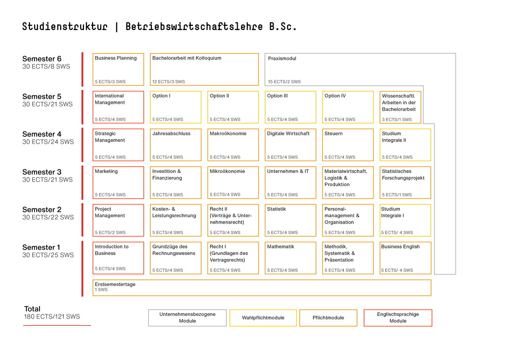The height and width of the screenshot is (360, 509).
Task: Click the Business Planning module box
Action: (x=118, y=69)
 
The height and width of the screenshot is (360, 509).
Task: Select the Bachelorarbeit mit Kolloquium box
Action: (x=204, y=69)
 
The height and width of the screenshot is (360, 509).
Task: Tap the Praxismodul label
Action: (x=282, y=58)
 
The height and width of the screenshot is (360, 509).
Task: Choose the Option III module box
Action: (x=291, y=107)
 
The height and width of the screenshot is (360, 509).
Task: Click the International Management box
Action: (x=118, y=107)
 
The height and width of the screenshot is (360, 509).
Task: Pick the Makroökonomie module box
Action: (x=233, y=145)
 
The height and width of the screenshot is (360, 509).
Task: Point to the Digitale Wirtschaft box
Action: (x=291, y=145)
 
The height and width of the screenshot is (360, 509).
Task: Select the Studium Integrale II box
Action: (x=405, y=145)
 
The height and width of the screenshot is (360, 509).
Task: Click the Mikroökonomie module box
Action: (x=233, y=183)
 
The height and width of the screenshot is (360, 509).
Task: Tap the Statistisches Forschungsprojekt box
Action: (x=405, y=183)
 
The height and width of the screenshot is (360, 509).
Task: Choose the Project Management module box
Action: (x=118, y=220)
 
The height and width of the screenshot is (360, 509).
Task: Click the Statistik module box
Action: (x=291, y=220)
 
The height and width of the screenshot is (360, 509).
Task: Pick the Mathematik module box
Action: (x=291, y=258)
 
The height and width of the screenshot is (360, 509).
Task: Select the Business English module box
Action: (x=405, y=258)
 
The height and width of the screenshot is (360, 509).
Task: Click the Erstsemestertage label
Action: (x=115, y=284)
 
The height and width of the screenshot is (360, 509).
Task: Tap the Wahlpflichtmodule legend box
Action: (x=263, y=318)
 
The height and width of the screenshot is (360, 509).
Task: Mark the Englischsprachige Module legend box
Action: (x=398, y=318)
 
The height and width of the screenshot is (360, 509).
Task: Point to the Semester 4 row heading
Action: (x=42, y=134)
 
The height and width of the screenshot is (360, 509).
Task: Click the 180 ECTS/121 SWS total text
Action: (x=52, y=317)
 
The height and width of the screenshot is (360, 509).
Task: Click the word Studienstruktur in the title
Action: (x=65, y=26)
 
